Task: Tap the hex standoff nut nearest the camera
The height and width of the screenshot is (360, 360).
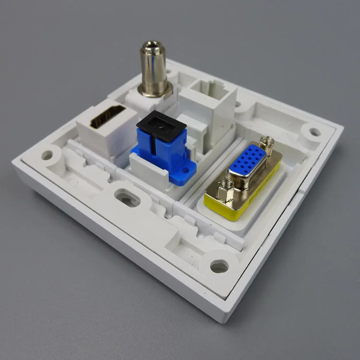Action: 226,191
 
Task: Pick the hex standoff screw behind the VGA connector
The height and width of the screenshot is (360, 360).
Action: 266,143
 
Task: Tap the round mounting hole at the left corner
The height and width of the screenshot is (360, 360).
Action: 47,155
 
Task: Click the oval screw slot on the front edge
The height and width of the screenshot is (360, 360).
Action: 128,198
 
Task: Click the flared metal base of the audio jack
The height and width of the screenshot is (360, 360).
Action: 155,89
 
